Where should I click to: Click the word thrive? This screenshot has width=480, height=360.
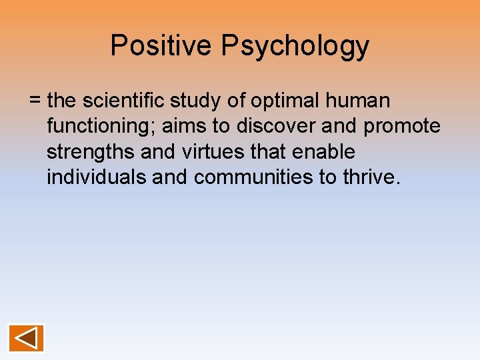point(373,177)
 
